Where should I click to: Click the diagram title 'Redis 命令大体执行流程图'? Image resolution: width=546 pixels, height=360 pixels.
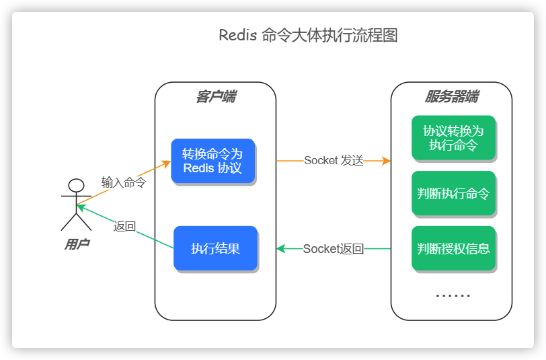click(309, 36)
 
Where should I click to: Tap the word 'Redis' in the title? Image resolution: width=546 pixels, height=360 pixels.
click(237, 36)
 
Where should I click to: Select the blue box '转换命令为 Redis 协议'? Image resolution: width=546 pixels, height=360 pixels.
click(212, 161)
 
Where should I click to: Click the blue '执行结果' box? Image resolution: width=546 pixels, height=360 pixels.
click(215, 248)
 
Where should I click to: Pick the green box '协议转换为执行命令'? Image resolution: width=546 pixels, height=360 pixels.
click(453, 138)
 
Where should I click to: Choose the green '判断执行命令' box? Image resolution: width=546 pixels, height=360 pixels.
click(453, 194)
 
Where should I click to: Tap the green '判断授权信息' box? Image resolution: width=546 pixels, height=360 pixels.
click(453, 248)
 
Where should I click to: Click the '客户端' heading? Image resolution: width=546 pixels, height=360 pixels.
click(215, 97)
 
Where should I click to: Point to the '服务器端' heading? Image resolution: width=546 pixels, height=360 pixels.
click(451, 97)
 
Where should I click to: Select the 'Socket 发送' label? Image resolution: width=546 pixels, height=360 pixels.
click(334, 161)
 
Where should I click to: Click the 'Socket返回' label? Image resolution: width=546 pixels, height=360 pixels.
click(334, 249)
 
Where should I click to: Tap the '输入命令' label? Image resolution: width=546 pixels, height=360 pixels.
click(124, 182)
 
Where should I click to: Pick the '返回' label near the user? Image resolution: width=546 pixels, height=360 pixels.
click(125, 227)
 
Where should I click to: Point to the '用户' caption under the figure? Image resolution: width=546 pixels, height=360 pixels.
click(77, 244)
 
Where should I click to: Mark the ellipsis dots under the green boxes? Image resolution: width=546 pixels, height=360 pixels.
click(453, 295)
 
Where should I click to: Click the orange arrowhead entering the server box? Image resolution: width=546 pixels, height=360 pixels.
click(387, 161)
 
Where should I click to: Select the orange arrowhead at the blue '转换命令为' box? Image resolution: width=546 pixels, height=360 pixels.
click(167, 164)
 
